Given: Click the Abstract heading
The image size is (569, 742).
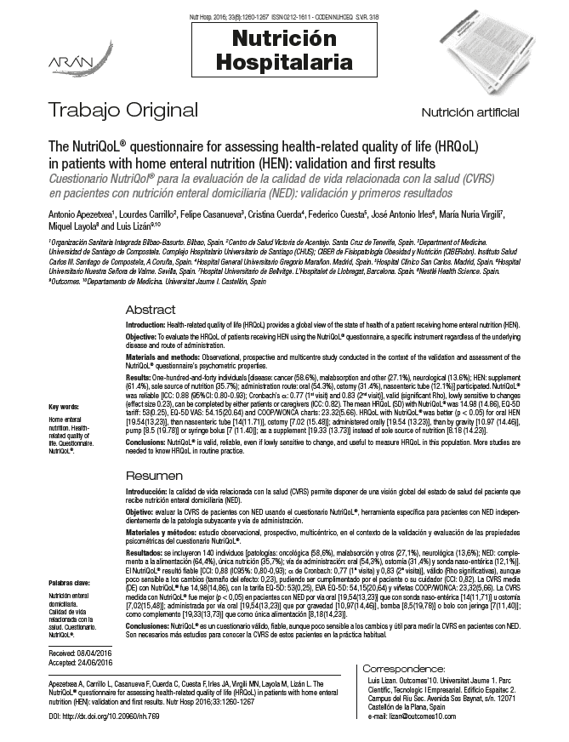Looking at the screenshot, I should point(151,310).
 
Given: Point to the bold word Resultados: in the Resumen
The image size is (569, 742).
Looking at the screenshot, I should point(147,553).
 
